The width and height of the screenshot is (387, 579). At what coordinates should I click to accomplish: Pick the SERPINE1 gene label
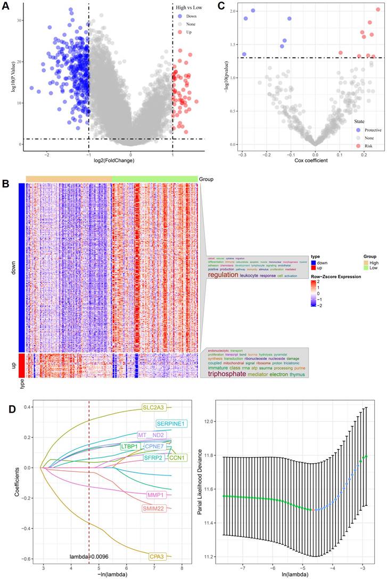pyautogui.click(x=170, y=424)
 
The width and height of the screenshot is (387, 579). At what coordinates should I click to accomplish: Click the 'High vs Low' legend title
pyautogui.click(x=189, y=8)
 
